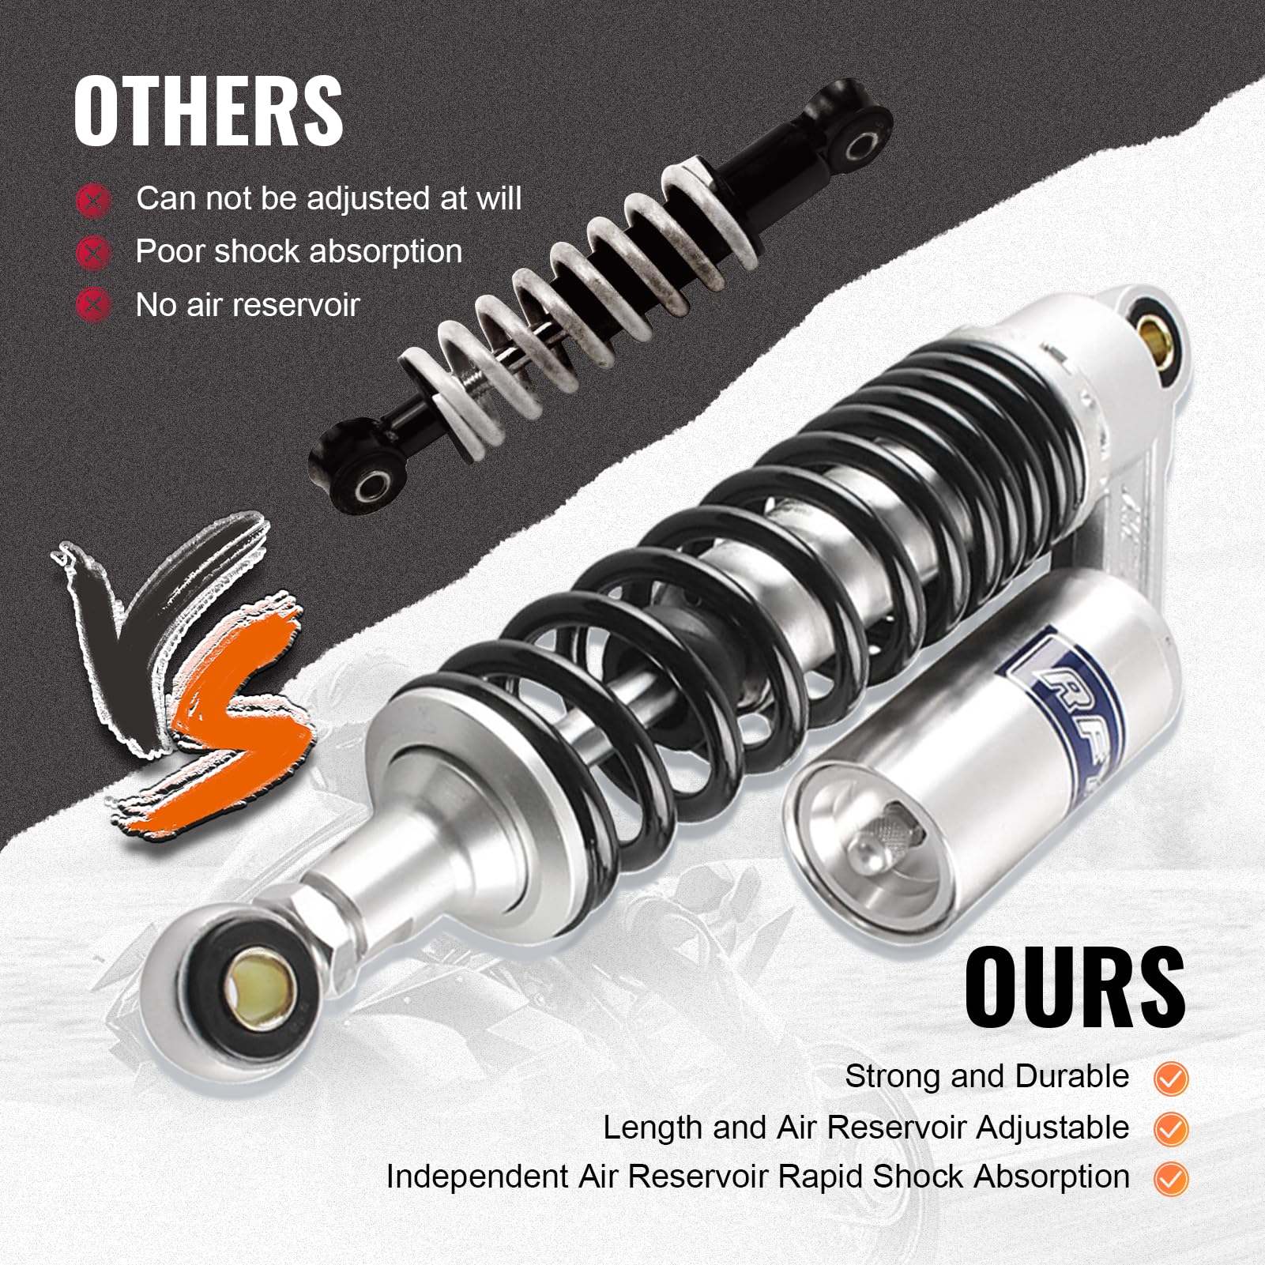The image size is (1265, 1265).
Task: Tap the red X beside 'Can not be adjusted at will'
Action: tap(93, 201)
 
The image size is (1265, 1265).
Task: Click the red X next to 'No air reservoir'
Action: tap(93, 305)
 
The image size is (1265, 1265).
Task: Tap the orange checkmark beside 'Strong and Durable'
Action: tap(1170, 1079)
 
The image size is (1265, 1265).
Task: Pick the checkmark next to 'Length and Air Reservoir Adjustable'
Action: tap(1170, 1129)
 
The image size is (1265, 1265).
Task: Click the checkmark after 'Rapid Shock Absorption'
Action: tap(1170, 1179)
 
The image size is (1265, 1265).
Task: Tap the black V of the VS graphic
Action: tap(150, 624)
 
